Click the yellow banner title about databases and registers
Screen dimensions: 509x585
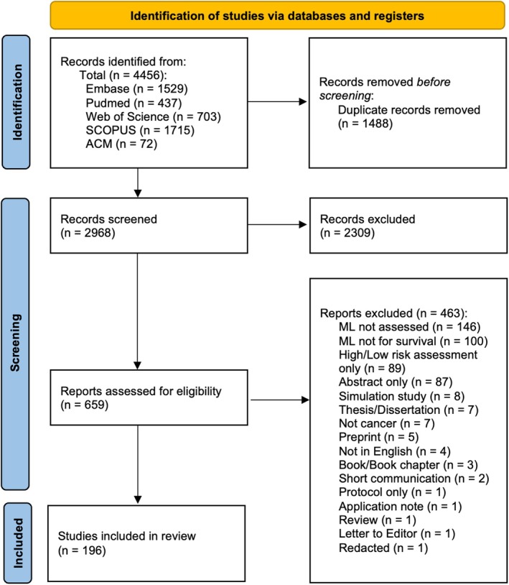277,16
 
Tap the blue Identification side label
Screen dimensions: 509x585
17,102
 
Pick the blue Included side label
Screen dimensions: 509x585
17,543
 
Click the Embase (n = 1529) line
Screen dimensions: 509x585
136,89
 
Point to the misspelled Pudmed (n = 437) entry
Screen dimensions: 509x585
134,103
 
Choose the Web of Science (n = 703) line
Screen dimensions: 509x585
153,116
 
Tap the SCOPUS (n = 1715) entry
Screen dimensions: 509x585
140,130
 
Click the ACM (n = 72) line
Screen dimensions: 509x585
121,144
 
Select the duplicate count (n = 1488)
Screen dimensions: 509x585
365,124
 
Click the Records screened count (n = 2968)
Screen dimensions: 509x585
88,233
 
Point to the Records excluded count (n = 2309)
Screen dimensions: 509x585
347,233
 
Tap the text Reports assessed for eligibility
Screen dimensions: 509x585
141,391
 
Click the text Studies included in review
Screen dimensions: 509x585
126,536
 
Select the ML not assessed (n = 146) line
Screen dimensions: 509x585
409,327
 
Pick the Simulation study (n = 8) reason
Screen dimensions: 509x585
402,396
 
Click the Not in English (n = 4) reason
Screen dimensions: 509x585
395,451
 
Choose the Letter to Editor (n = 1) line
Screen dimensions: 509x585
397,533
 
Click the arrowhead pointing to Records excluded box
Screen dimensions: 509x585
303,225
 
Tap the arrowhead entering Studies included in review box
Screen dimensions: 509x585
138,499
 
